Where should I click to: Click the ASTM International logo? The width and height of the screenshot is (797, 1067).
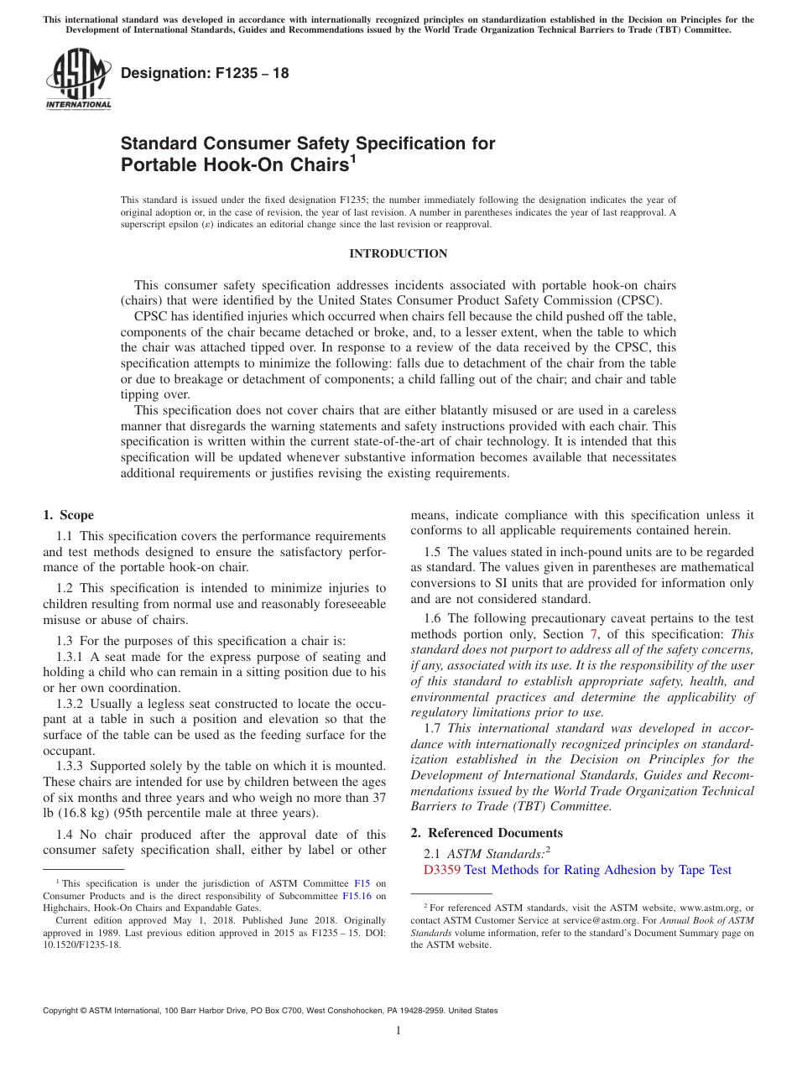(77, 79)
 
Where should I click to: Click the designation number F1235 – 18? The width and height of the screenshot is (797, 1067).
(205, 73)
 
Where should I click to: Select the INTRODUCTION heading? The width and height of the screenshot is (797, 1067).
(398, 253)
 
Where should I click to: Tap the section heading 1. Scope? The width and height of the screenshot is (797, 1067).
(68, 515)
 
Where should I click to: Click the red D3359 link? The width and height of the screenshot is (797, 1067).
(442, 870)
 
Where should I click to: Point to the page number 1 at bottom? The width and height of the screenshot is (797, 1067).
(398, 1030)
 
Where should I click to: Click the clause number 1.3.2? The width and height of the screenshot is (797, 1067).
(70, 704)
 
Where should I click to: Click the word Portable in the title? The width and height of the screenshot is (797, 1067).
(154, 164)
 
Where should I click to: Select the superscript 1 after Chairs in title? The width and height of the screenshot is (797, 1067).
(353, 159)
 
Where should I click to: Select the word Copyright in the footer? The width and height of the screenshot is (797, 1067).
(63, 1011)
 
